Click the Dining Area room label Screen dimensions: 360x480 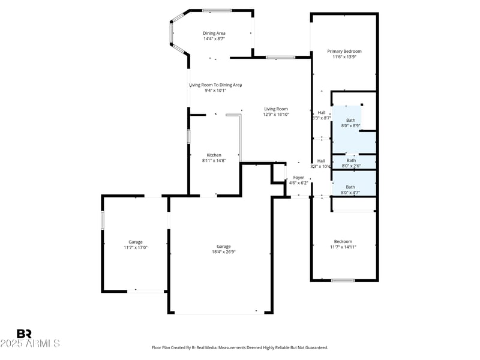(214, 33)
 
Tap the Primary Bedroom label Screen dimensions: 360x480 (344, 51)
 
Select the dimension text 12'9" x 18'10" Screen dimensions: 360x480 (276, 114)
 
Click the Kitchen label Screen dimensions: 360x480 (214, 155)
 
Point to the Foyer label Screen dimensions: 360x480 (298, 178)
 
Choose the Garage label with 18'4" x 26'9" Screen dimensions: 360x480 (224, 247)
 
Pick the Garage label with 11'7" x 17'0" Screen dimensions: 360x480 (135, 242)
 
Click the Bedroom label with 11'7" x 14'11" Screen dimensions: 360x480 (343, 242)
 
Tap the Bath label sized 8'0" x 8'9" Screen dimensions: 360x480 (350, 120)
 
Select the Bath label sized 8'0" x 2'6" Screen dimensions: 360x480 (351, 160)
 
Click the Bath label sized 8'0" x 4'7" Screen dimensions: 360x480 (350, 187)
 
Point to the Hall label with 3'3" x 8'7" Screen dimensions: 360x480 (322, 112)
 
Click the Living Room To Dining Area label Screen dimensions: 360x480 (215, 85)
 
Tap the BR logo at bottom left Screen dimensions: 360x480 (24, 333)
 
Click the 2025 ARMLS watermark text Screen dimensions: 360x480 (30, 344)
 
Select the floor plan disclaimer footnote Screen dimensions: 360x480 (240, 347)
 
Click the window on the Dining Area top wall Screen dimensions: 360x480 (217, 10)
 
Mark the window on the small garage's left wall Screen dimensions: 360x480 (103, 220)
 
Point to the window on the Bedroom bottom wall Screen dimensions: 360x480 (343, 280)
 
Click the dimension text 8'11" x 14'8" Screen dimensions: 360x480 (214, 161)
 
